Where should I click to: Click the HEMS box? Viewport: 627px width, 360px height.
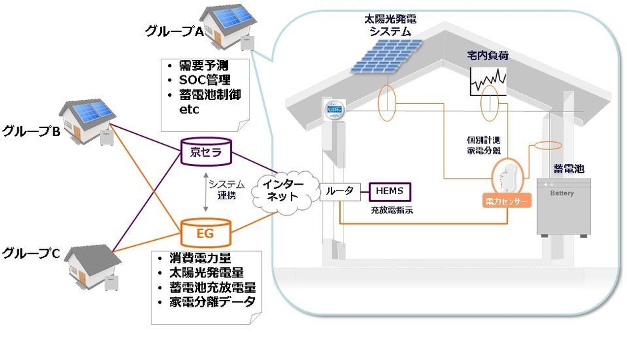pyautogui.click(x=390, y=191)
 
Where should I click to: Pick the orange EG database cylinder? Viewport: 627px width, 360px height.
pyautogui.click(x=205, y=233)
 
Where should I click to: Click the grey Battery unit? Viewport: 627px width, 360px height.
pyautogui.click(x=564, y=206)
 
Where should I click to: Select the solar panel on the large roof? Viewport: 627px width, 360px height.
pyautogui.click(x=390, y=55)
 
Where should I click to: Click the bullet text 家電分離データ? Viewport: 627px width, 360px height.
pyautogui.click(x=212, y=301)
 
